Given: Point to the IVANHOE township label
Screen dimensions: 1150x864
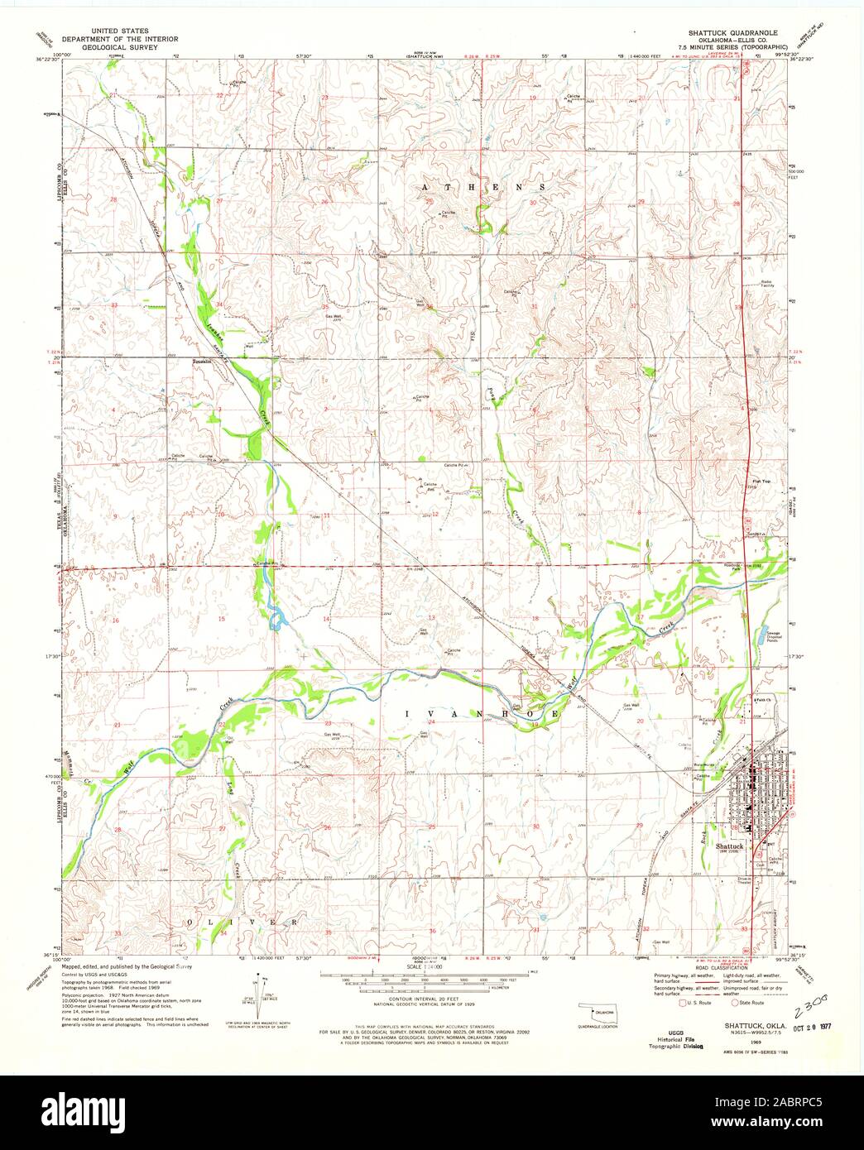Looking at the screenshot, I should [x=481, y=713].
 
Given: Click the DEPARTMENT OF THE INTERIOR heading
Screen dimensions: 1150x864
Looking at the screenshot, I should [x=135, y=38].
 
